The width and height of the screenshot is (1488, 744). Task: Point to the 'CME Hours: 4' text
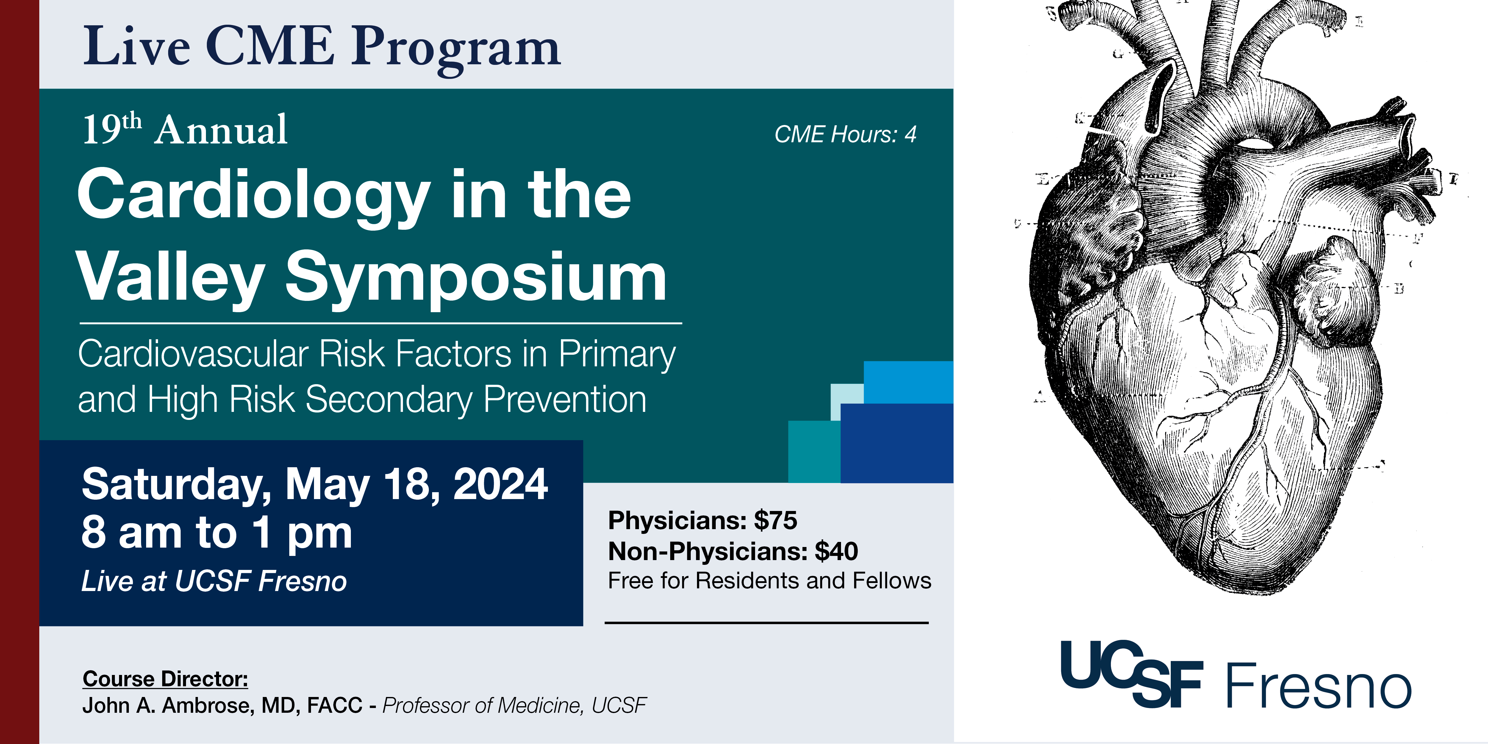845,135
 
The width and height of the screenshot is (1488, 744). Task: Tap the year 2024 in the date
500,484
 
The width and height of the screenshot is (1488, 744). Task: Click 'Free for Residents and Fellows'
769,581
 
